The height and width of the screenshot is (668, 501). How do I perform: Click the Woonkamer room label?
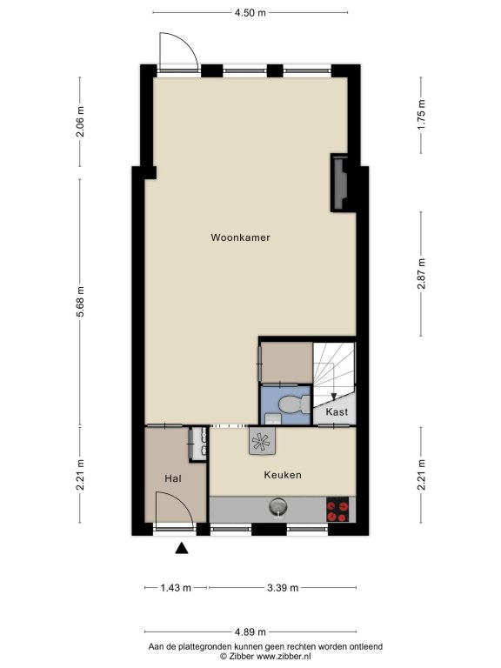[x=240, y=237]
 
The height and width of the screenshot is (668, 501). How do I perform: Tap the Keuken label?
[x=283, y=475]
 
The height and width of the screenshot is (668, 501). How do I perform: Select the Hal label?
[x=173, y=478]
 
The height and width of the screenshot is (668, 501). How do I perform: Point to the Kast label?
[x=337, y=412]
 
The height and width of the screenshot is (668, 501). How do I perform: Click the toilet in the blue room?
[x=294, y=404]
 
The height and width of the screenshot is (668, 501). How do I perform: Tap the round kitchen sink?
[x=277, y=507]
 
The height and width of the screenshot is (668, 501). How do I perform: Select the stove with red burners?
[x=337, y=510]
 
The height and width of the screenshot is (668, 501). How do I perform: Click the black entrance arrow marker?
[x=182, y=548]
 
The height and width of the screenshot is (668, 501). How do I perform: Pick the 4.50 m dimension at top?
[x=250, y=13]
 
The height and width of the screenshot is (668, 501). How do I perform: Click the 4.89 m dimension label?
[x=250, y=631]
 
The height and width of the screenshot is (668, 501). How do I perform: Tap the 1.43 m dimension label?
[x=176, y=588]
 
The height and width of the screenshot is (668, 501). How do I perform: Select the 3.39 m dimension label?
[x=283, y=588]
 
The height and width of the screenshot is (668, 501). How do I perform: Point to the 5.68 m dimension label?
[x=80, y=302]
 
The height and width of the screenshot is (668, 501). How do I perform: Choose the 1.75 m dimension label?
[x=421, y=115]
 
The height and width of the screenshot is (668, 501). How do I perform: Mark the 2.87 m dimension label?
[x=421, y=273]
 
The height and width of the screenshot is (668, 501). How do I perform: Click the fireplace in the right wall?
[x=340, y=183]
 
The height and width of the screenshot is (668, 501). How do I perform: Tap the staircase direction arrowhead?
[x=334, y=397]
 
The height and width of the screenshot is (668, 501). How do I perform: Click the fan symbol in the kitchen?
[x=262, y=441]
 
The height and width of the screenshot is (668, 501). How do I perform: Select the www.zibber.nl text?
[x=283, y=657]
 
